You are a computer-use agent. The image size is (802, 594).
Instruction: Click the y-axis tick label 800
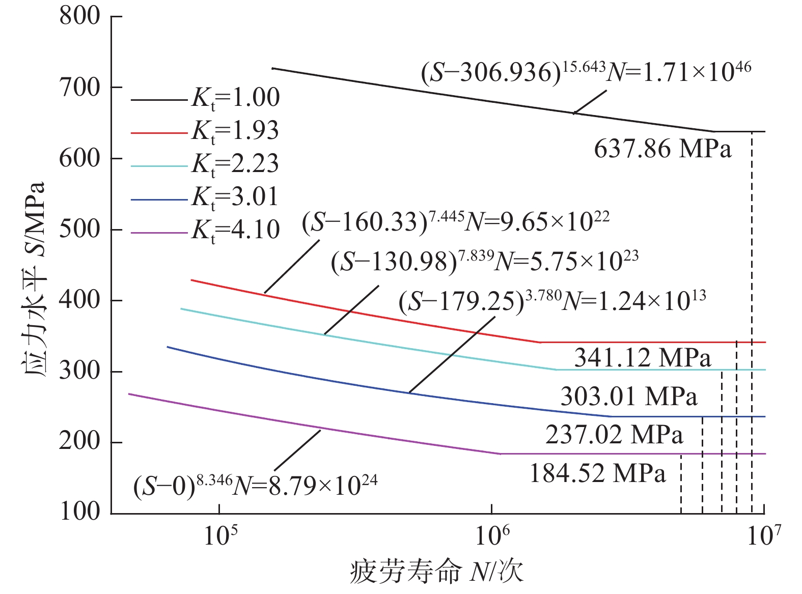[x=80, y=16]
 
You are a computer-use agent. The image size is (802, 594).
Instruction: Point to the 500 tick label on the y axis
[x=80, y=230]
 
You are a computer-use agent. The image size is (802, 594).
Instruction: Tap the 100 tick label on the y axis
[x=80, y=511]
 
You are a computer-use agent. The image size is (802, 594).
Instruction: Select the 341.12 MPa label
[x=643, y=358]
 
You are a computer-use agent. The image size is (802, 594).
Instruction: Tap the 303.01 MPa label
[x=629, y=397]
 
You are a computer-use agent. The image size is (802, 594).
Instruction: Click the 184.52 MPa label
[x=598, y=474]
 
